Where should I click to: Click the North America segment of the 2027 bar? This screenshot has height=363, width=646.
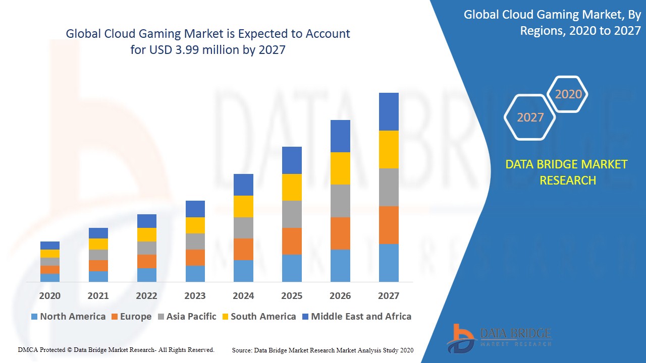pos(389,263)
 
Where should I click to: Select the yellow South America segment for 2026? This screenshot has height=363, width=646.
pos(340,168)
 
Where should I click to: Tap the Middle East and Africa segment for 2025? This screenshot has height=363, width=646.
pos(292,160)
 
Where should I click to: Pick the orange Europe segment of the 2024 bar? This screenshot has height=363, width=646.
pos(243,249)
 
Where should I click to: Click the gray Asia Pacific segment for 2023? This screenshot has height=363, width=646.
pos(195,241)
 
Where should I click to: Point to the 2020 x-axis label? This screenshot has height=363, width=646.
pos(49,296)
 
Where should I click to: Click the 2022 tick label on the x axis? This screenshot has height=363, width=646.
pos(146,296)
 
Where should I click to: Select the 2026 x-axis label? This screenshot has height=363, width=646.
pos(340,296)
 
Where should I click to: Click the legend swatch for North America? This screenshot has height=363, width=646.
pos(34,317)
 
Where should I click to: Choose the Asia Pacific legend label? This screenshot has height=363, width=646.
pos(191,317)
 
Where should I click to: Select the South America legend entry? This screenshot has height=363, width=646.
pos(263,317)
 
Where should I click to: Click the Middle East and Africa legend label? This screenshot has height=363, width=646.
pos(361,317)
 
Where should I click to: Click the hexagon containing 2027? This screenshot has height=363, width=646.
pos(530,117)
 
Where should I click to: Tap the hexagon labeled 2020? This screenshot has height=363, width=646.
pos(568,94)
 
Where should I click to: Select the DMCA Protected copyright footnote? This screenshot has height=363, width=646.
pos(116,349)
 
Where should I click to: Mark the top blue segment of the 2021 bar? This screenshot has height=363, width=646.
pos(98,233)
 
